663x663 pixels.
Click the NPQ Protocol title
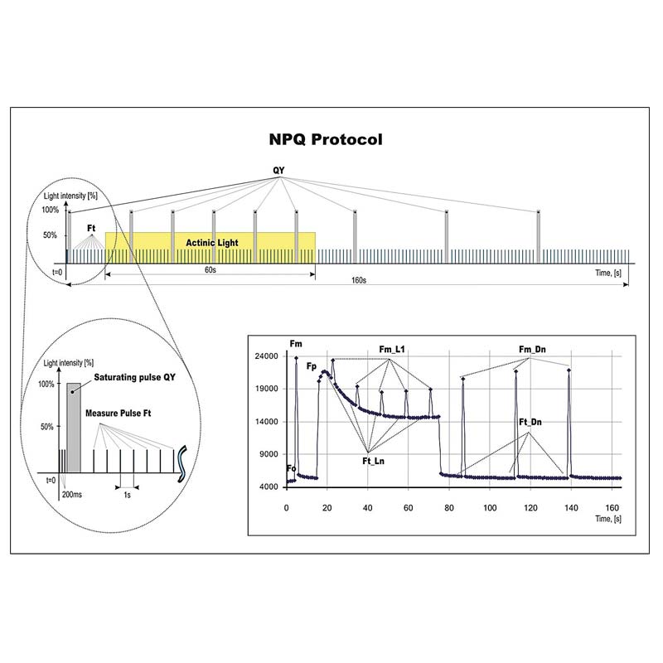point(326,139)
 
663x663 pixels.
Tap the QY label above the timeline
point(278,171)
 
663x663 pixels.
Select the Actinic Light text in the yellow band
point(212,243)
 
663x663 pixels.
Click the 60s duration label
point(211,270)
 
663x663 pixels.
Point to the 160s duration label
point(359,280)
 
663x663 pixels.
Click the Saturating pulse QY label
point(134,377)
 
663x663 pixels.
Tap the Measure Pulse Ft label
point(118,413)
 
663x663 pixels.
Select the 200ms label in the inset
point(72,494)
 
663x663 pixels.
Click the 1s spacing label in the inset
point(127,495)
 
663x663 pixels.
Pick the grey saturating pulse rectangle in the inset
point(74,428)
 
